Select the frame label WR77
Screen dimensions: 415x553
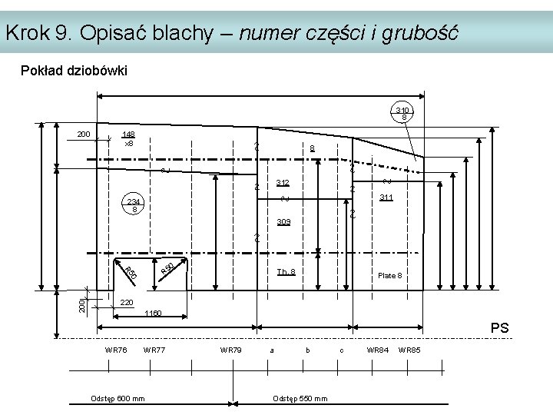coord(154,350)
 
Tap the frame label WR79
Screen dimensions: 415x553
coord(230,350)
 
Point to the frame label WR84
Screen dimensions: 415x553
coord(377,350)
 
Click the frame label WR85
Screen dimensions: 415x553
coord(409,350)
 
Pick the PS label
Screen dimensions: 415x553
coord(499,329)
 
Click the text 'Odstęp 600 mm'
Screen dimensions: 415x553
coord(118,397)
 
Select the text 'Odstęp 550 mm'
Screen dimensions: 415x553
coord(300,397)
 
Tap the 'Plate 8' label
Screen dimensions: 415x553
coord(388,275)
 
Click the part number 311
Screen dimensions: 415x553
coord(386,198)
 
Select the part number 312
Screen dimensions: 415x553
coord(283,183)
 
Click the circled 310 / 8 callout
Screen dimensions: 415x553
coord(403,113)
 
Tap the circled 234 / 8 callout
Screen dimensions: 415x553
coord(134,204)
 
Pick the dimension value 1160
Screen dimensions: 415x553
coord(154,314)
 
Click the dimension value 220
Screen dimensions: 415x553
coord(127,302)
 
